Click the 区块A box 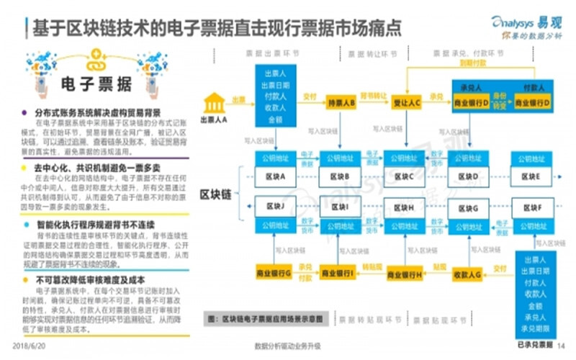pyautogui.click(x=276, y=176)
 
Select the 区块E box pyautogui.click(x=533, y=176)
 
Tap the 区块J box pyautogui.click(x=276, y=208)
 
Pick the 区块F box pyautogui.click(x=533, y=208)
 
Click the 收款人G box pyautogui.click(x=468, y=274)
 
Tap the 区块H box pyautogui.click(x=406, y=208)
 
